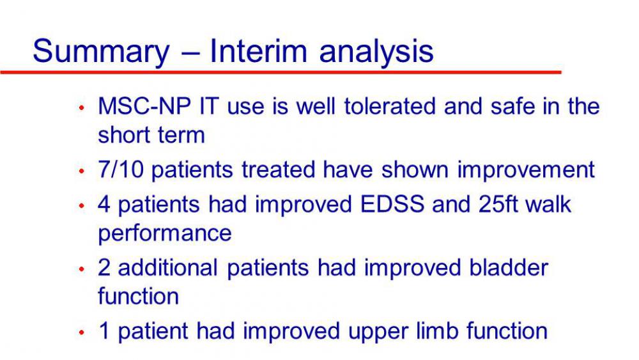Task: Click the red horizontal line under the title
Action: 281,72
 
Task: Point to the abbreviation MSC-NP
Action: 144,106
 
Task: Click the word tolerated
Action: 390,106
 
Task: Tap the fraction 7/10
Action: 121,169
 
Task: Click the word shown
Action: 415,169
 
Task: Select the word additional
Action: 167,267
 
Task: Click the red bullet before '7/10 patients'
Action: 82,171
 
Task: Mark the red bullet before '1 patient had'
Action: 82,333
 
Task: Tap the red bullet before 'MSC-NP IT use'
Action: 82,107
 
